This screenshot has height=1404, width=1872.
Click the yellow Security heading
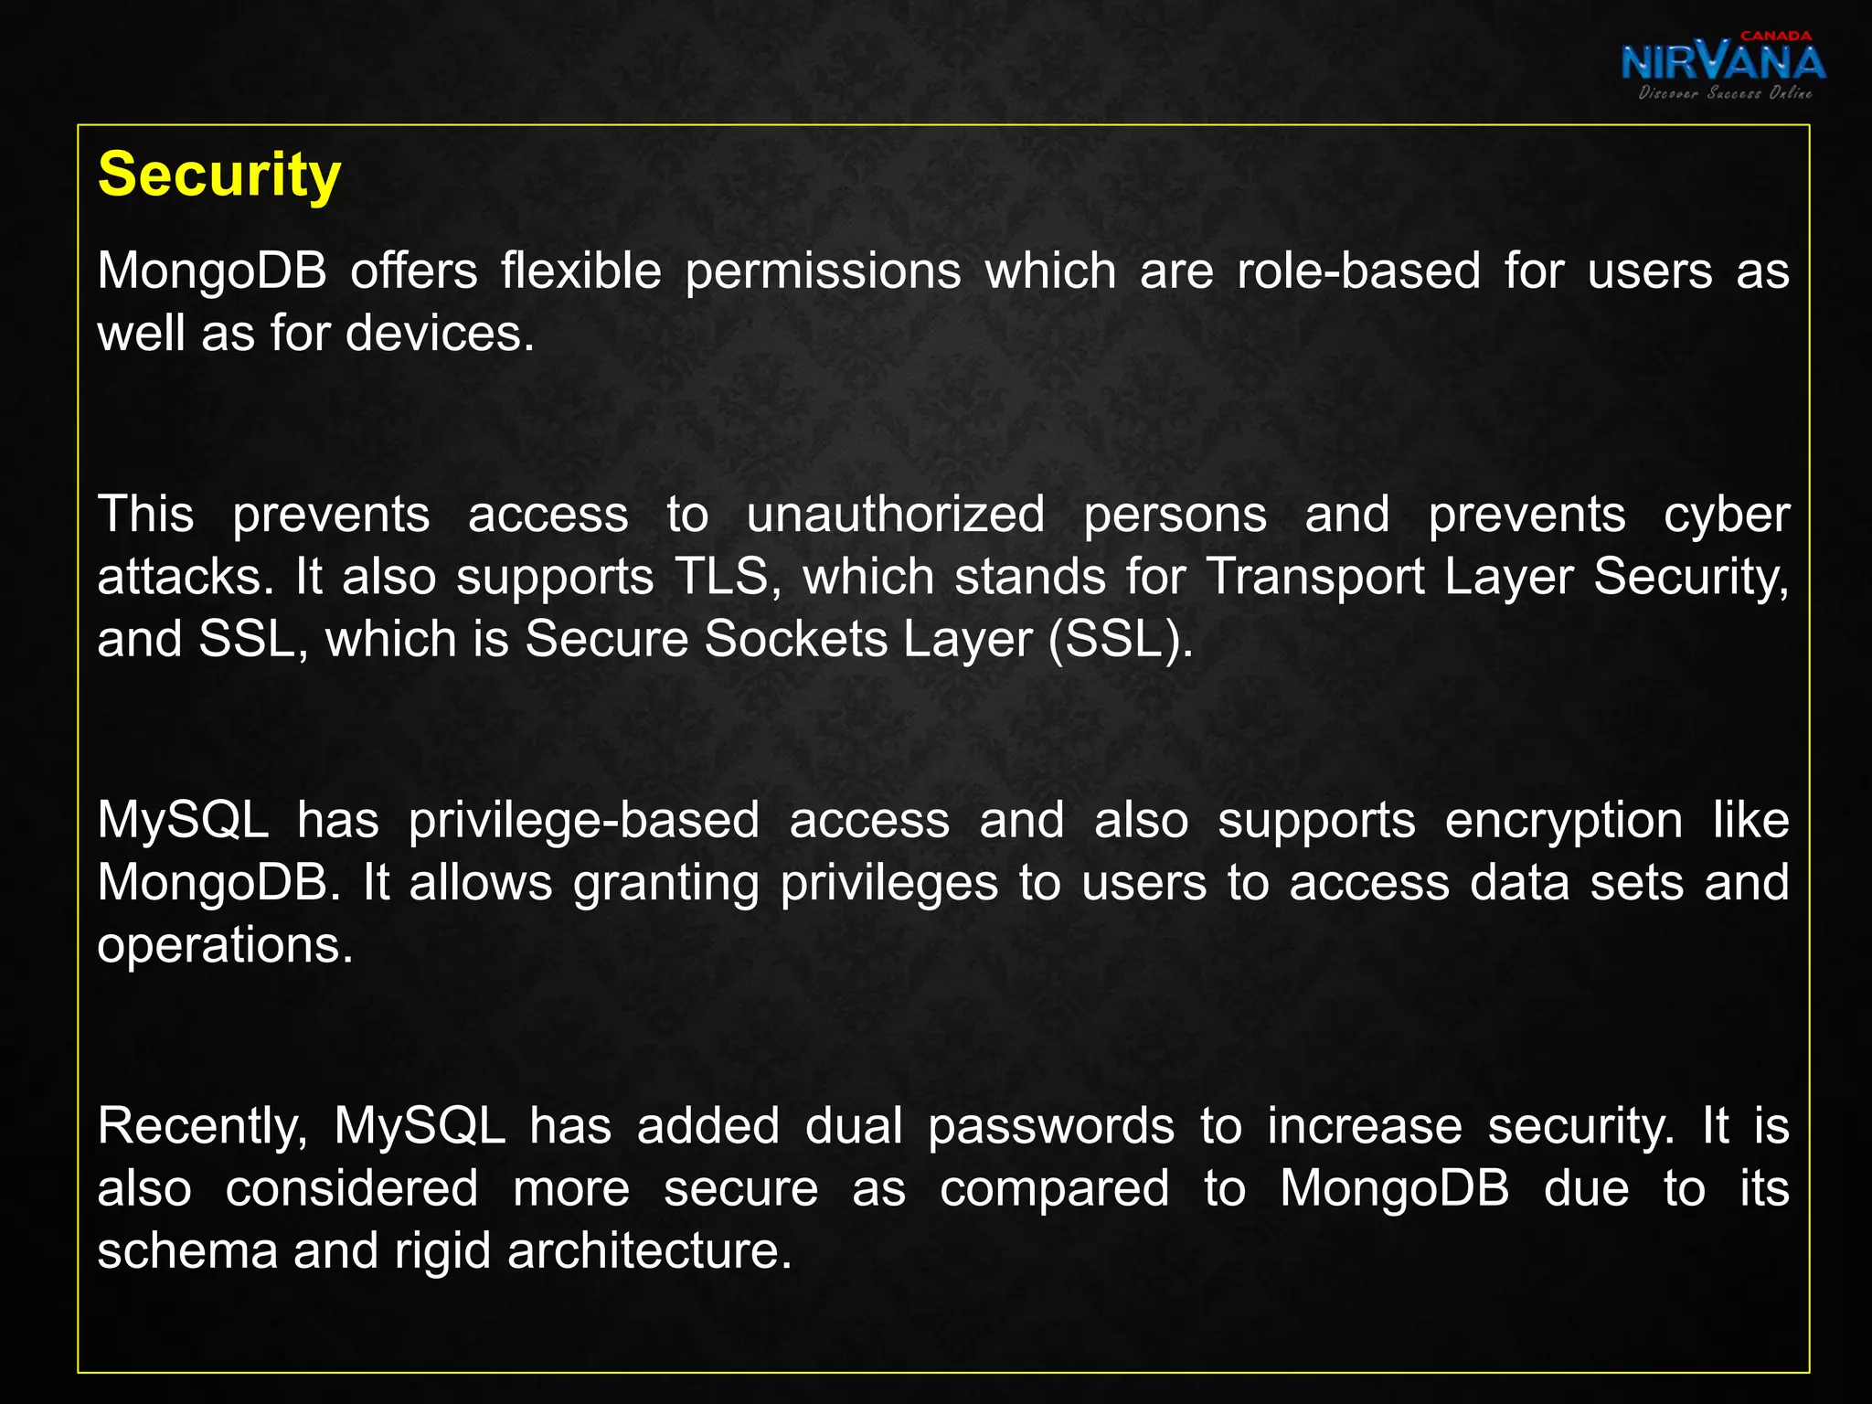coord(219,175)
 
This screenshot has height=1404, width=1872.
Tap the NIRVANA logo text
coord(1723,63)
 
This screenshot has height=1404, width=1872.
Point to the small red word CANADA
coord(1775,36)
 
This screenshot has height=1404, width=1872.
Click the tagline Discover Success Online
coord(1725,92)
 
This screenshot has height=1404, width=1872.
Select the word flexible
coord(580,271)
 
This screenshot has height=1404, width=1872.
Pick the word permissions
coord(823,271)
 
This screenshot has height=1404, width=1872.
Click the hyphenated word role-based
coord(1358,271)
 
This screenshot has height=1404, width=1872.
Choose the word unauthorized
coord(896,515)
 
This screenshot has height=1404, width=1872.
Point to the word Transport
coord(1315,577)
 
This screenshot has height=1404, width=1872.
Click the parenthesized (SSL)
coord(1121,638)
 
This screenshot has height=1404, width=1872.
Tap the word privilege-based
coord(583,820)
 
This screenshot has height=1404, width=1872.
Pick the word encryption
coord(1563,820)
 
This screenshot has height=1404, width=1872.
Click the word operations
coord(225,945)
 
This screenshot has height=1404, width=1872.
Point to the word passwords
coord(1051,1126)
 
